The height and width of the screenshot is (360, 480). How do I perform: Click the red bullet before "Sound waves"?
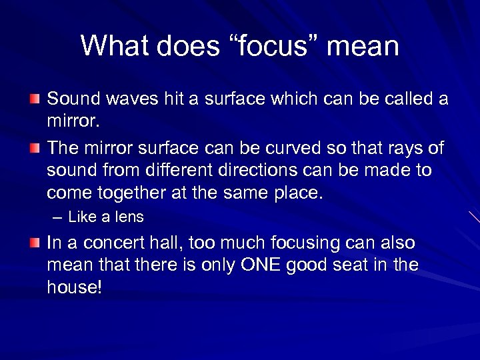click(x=34, y=99)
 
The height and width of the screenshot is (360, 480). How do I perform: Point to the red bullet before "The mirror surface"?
click(x=34, y=147)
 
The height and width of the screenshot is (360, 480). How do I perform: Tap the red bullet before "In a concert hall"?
click(x=34, y=243)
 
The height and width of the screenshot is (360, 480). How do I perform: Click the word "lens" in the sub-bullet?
click(x=131, y=217)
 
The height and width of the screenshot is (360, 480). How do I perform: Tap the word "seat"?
click(x=360, y=265)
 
